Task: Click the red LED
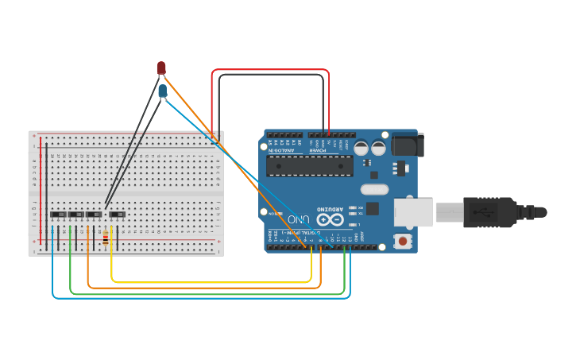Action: (x=161, y=68)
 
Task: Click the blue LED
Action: (x=162, y=91)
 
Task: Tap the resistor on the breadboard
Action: (x=105, y=237)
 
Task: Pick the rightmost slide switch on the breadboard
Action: (x=117, y=215)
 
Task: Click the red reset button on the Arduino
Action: (x=404, y=241)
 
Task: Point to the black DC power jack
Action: (x=408, y=144)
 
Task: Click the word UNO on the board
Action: (x=300, y=219)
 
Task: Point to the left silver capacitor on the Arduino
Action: (x=361, y=148)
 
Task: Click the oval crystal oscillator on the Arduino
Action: (x=373, y=189)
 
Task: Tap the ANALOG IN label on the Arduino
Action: (x=283, y=148)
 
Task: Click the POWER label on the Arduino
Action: (x=318, y=148)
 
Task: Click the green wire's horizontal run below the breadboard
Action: (x=207, y=293)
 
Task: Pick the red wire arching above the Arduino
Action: (x=270, y=70)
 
